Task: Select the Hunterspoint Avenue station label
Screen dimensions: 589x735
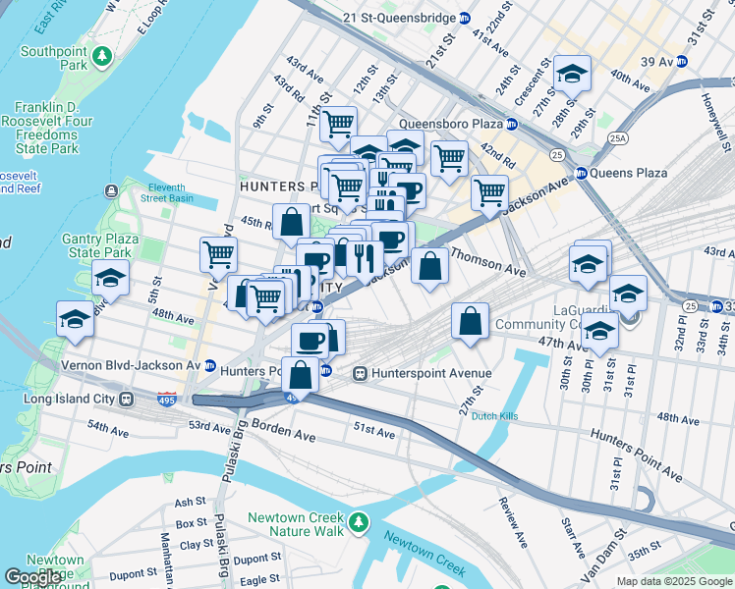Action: tap(423, 373)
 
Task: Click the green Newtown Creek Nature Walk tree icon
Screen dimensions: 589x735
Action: tap(360, 520)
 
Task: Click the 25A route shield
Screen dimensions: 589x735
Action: tap(617, 138)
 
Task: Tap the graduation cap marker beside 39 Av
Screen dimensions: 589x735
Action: tap(571, 74)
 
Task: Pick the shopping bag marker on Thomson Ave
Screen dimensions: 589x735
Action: tap(430, 265)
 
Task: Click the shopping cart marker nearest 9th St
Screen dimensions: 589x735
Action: tap(218, 254)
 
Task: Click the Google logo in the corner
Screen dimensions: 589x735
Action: tap(34, 578)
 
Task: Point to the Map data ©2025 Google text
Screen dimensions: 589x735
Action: tap(673, 581)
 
